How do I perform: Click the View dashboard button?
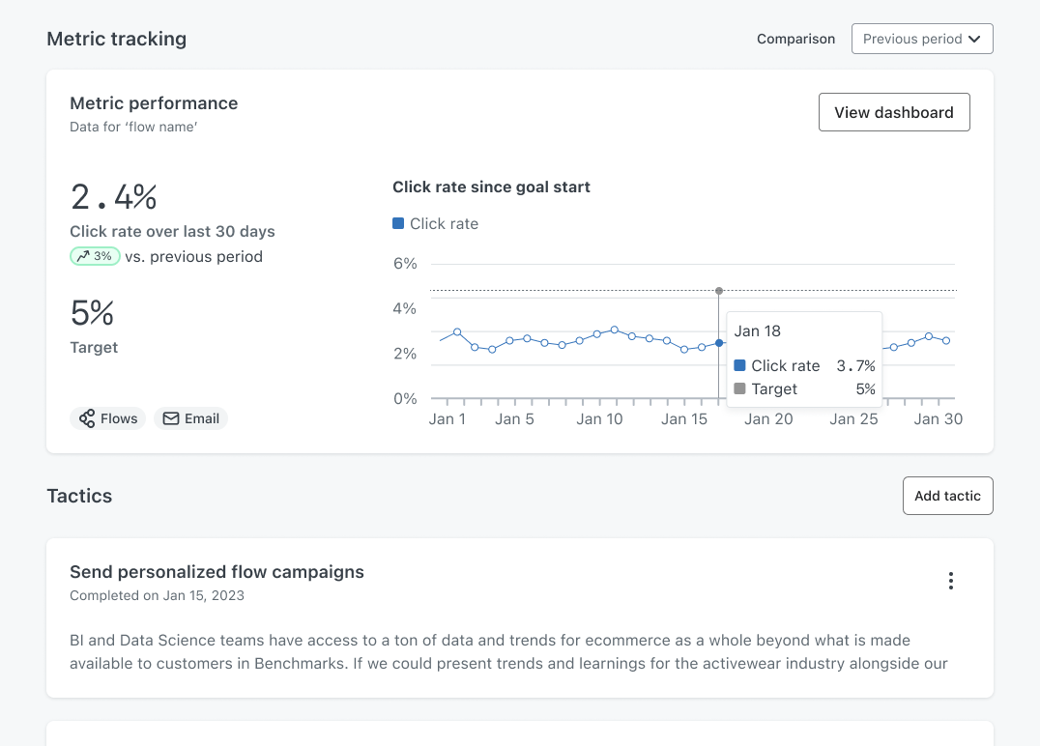coord(894,112)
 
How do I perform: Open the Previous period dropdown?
coord(922,39)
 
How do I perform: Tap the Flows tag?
coord(107,418)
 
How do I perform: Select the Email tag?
coord(191,418)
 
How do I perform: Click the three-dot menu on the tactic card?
coord(951,581)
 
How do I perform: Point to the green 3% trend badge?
coord(95,256)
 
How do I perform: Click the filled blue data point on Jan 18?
coord(719,343)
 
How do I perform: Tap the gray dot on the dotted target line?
coord(719,291)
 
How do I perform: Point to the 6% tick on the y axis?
coord(405,263)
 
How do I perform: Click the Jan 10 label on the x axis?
coord(599,419)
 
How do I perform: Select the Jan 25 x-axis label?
coord(853,419)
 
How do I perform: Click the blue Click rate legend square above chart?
coord(398,223)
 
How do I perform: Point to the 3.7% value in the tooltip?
coord(855,366)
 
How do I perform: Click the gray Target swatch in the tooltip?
coord(739,388)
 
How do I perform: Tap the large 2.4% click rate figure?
coord(113,197)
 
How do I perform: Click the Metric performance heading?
coord(154,103)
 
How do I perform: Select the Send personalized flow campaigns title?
coord(217,572)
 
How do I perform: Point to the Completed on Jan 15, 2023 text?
coord(158,595)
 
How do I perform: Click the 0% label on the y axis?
coord(405,398)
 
